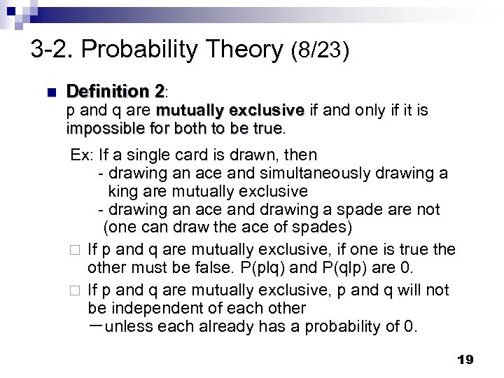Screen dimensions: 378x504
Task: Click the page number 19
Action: tap(465, 360)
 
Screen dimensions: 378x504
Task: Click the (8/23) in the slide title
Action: tap(318, 50)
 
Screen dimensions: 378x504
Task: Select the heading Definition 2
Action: tap(116, 92)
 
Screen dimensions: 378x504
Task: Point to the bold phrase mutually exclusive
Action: tap(230, 111)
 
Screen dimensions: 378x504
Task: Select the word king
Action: tap(124, 191)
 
